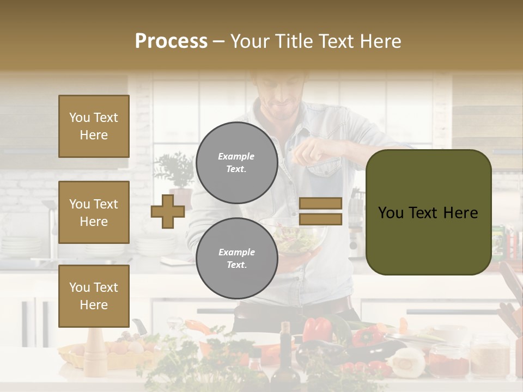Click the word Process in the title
[171, 41]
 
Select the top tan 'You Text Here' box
[94, 126]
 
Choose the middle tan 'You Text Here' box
[94, 212]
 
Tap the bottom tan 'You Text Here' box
[94, 296]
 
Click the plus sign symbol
[167, 212]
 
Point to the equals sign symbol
[320, 211]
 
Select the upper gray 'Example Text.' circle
[236, 162]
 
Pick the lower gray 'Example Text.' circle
[236, 258]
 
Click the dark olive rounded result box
[428, 212]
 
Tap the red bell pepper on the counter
[316, 329]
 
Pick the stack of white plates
[155, 245]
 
